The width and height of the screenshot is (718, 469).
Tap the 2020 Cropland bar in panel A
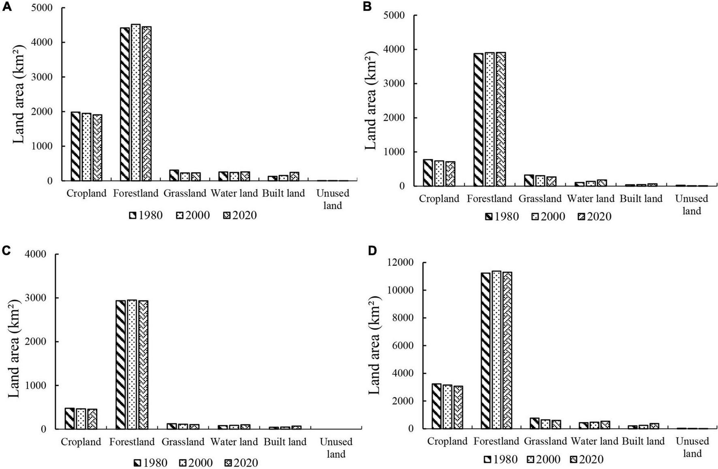point(97,147)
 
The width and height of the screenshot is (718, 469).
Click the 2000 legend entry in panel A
point(193,215)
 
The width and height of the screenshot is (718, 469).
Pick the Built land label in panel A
point(283,193)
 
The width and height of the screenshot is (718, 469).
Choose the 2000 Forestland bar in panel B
point(489,119)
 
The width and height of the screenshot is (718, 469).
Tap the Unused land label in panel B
point(691,205)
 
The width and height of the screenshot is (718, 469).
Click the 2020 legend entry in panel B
point(594,217)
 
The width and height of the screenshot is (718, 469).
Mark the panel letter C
point(6,251)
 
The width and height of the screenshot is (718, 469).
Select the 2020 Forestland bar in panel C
point(143,365)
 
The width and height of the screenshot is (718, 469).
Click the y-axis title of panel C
point(14,348)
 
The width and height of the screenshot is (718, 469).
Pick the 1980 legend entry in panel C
point(150,463)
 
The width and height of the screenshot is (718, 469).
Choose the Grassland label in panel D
point(545,441)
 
